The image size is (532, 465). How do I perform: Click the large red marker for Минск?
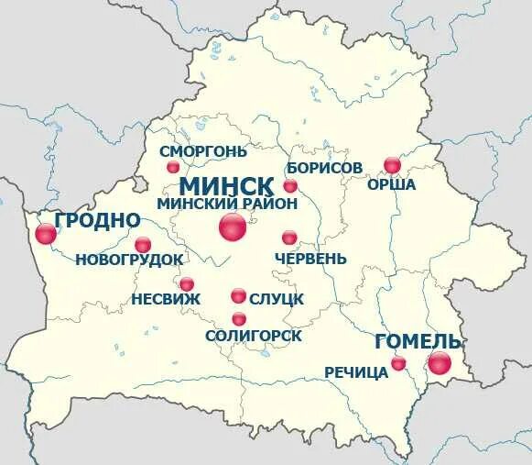pyautogui.click(x=233, y=227)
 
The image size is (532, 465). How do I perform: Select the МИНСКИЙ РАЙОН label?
pyautogui.click(x=227, y=203)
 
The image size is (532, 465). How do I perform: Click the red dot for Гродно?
pyautogui.click(x=46, y=234)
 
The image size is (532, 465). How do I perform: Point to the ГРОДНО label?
pyautogui.click(x=98, y=220)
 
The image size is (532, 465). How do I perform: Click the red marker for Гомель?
pyautogui.click(x=440, y=363)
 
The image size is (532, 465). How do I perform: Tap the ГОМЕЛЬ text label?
pyautogui.click(x=418, y=341)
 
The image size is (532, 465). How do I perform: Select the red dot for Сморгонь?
pyautogui.click(x=173, y=167)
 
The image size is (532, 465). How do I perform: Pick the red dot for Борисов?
pyautogui.click(x=290, y=186)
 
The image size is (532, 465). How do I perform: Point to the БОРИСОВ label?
pyautogui.click(x=324, y=168)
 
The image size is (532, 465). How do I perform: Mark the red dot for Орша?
pyautogui.click(x=392, y=165)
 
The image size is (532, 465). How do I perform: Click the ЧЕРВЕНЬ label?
pyautogui.click(x=310, y=259)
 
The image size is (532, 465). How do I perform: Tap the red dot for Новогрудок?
pyautogui.click(x=143, y=245)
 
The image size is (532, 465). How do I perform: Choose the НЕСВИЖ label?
pyautogui.click(x=162, y=299)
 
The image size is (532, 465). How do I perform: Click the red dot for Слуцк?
pyautogui.click(x=238, y=295)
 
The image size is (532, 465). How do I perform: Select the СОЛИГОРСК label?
pyautogui.click(x=254, y=337)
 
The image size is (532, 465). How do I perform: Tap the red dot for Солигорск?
pyautogui.click(x=239, y=319)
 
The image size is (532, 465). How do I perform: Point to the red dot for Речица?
pyautogui.click(x=398, y=364)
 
